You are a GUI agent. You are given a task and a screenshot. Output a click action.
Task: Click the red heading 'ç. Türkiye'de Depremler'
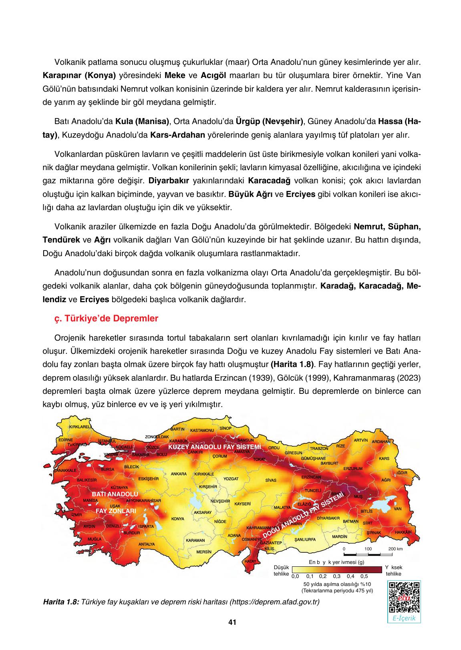[x=106, y=319]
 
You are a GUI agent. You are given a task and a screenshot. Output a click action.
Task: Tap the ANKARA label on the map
[x=179, y=474]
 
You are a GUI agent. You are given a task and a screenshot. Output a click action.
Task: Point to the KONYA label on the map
[x=177, y=519]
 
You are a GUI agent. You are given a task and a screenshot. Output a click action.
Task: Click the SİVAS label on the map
[x=271, y=480]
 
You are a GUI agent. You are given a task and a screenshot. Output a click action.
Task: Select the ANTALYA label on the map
[x=147, y=544]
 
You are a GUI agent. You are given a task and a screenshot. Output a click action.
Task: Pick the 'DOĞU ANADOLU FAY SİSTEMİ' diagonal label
[x=303, y=515]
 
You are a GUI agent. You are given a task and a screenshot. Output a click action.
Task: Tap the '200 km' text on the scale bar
[x=396, y=549]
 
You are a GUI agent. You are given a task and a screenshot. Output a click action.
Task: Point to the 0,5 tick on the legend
[x=364, y=577]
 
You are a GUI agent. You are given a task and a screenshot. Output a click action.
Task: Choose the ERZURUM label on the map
[x=353, y=468]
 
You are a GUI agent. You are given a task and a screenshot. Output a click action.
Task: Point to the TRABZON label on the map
[x=319, y=449]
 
